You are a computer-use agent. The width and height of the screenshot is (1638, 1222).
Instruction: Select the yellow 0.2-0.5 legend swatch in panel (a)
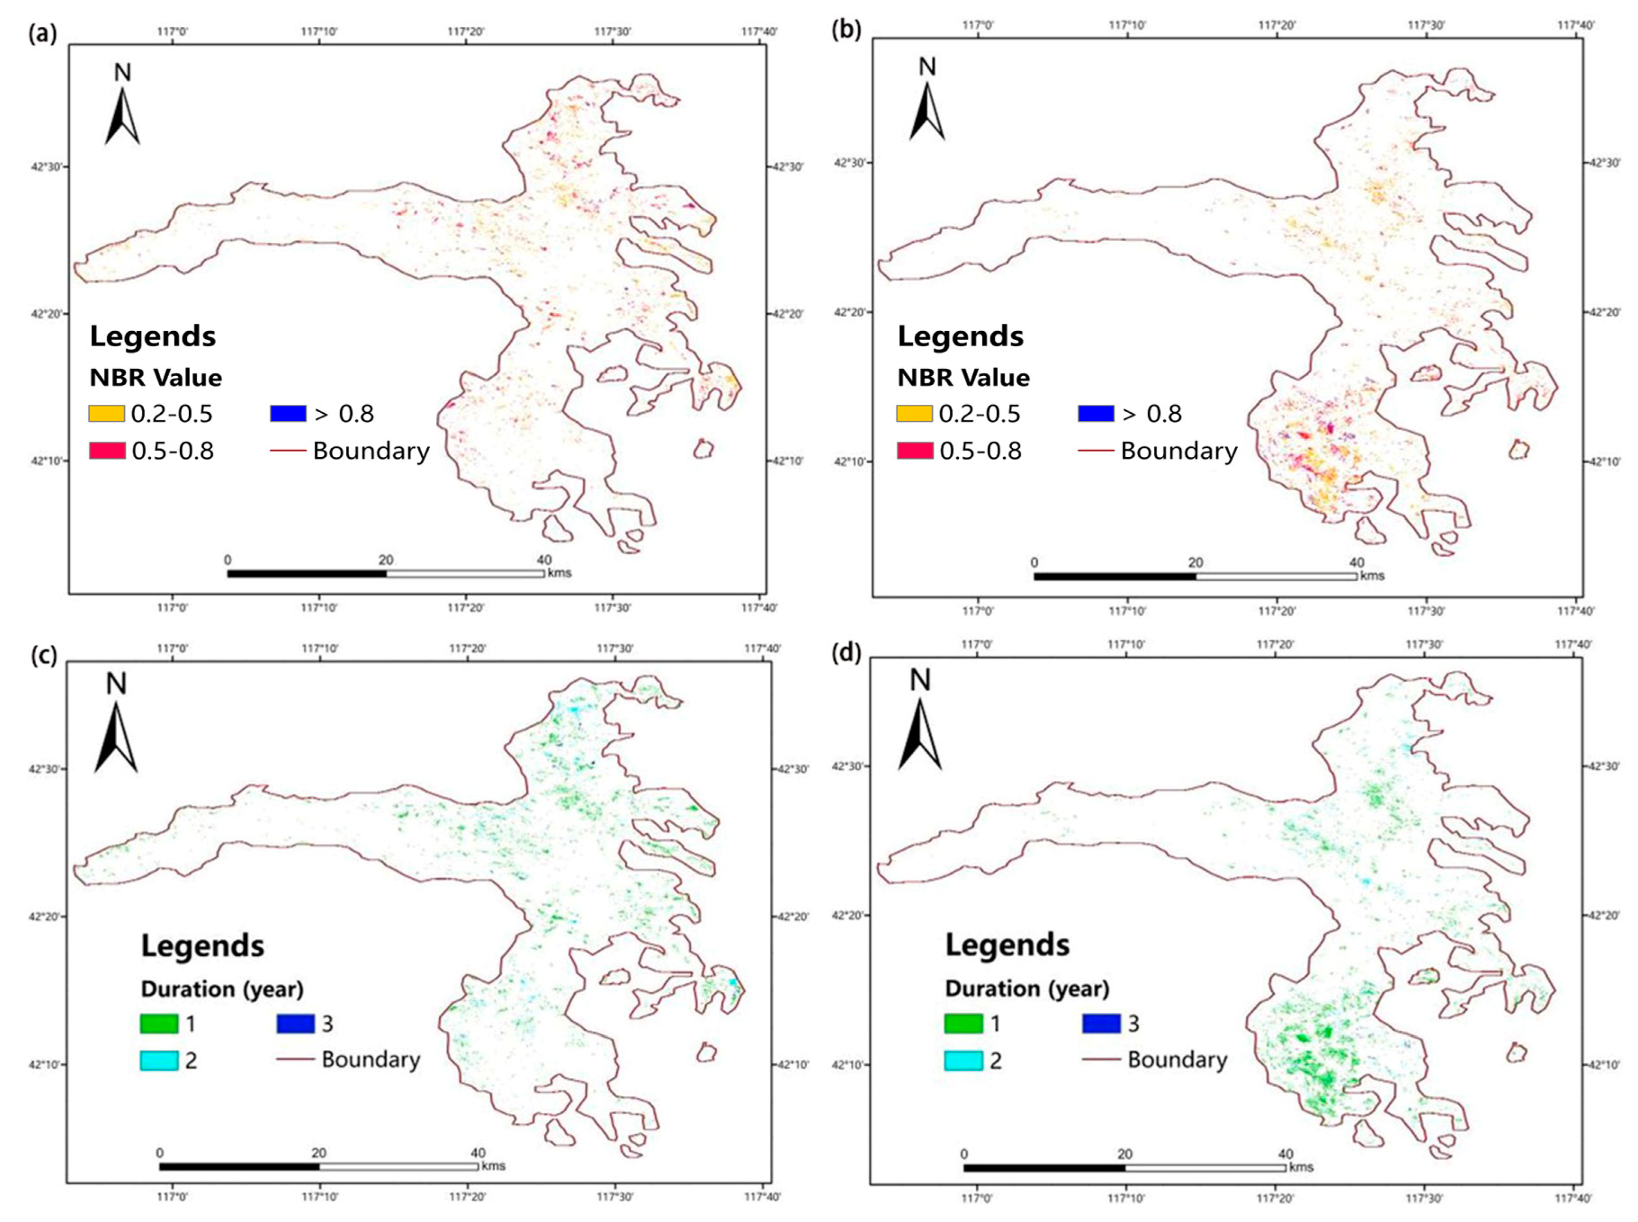click(106, 414)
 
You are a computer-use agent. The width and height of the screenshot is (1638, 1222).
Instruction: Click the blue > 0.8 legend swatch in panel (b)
click(1096, 414)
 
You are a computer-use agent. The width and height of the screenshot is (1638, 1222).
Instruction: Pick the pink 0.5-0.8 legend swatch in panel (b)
click(914, 450)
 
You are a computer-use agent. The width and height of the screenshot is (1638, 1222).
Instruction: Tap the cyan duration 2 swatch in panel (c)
click(159, 1061)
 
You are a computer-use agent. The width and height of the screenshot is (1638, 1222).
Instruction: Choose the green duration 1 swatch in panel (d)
click(963, 1024)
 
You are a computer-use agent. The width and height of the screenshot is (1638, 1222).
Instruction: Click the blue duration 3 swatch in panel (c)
click(295, 1024)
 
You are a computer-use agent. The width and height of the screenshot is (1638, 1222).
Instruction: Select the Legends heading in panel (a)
click(152, 337)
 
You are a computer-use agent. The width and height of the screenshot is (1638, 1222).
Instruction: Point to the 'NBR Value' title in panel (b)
click(963, 378)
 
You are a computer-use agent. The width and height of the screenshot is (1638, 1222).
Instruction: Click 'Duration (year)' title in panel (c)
click(222, 989)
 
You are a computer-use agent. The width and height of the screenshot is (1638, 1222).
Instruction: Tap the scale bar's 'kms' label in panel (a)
click(559, 573)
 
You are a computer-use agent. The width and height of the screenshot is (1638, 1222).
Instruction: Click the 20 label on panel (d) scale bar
click(1125, 1154)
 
